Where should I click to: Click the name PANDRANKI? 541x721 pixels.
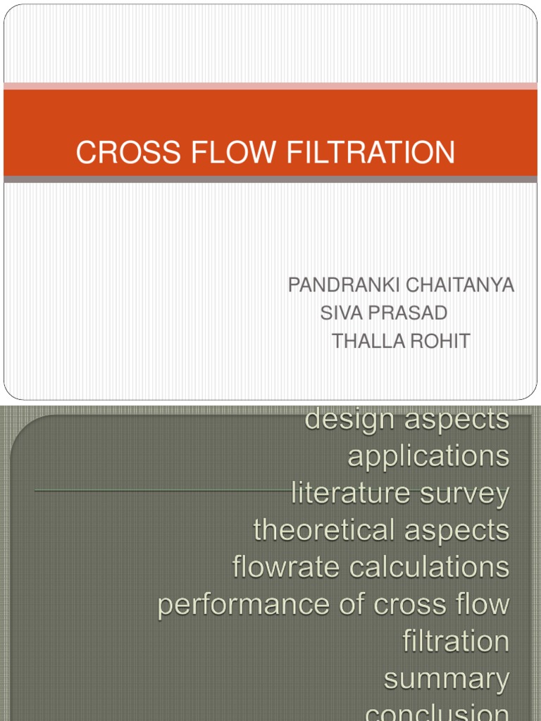336,285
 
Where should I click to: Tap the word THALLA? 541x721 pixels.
365,341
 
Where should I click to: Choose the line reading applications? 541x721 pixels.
428,456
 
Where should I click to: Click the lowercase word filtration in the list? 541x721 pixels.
456,641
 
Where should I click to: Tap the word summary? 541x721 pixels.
447,679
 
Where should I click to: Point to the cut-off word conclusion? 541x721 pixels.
437,713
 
